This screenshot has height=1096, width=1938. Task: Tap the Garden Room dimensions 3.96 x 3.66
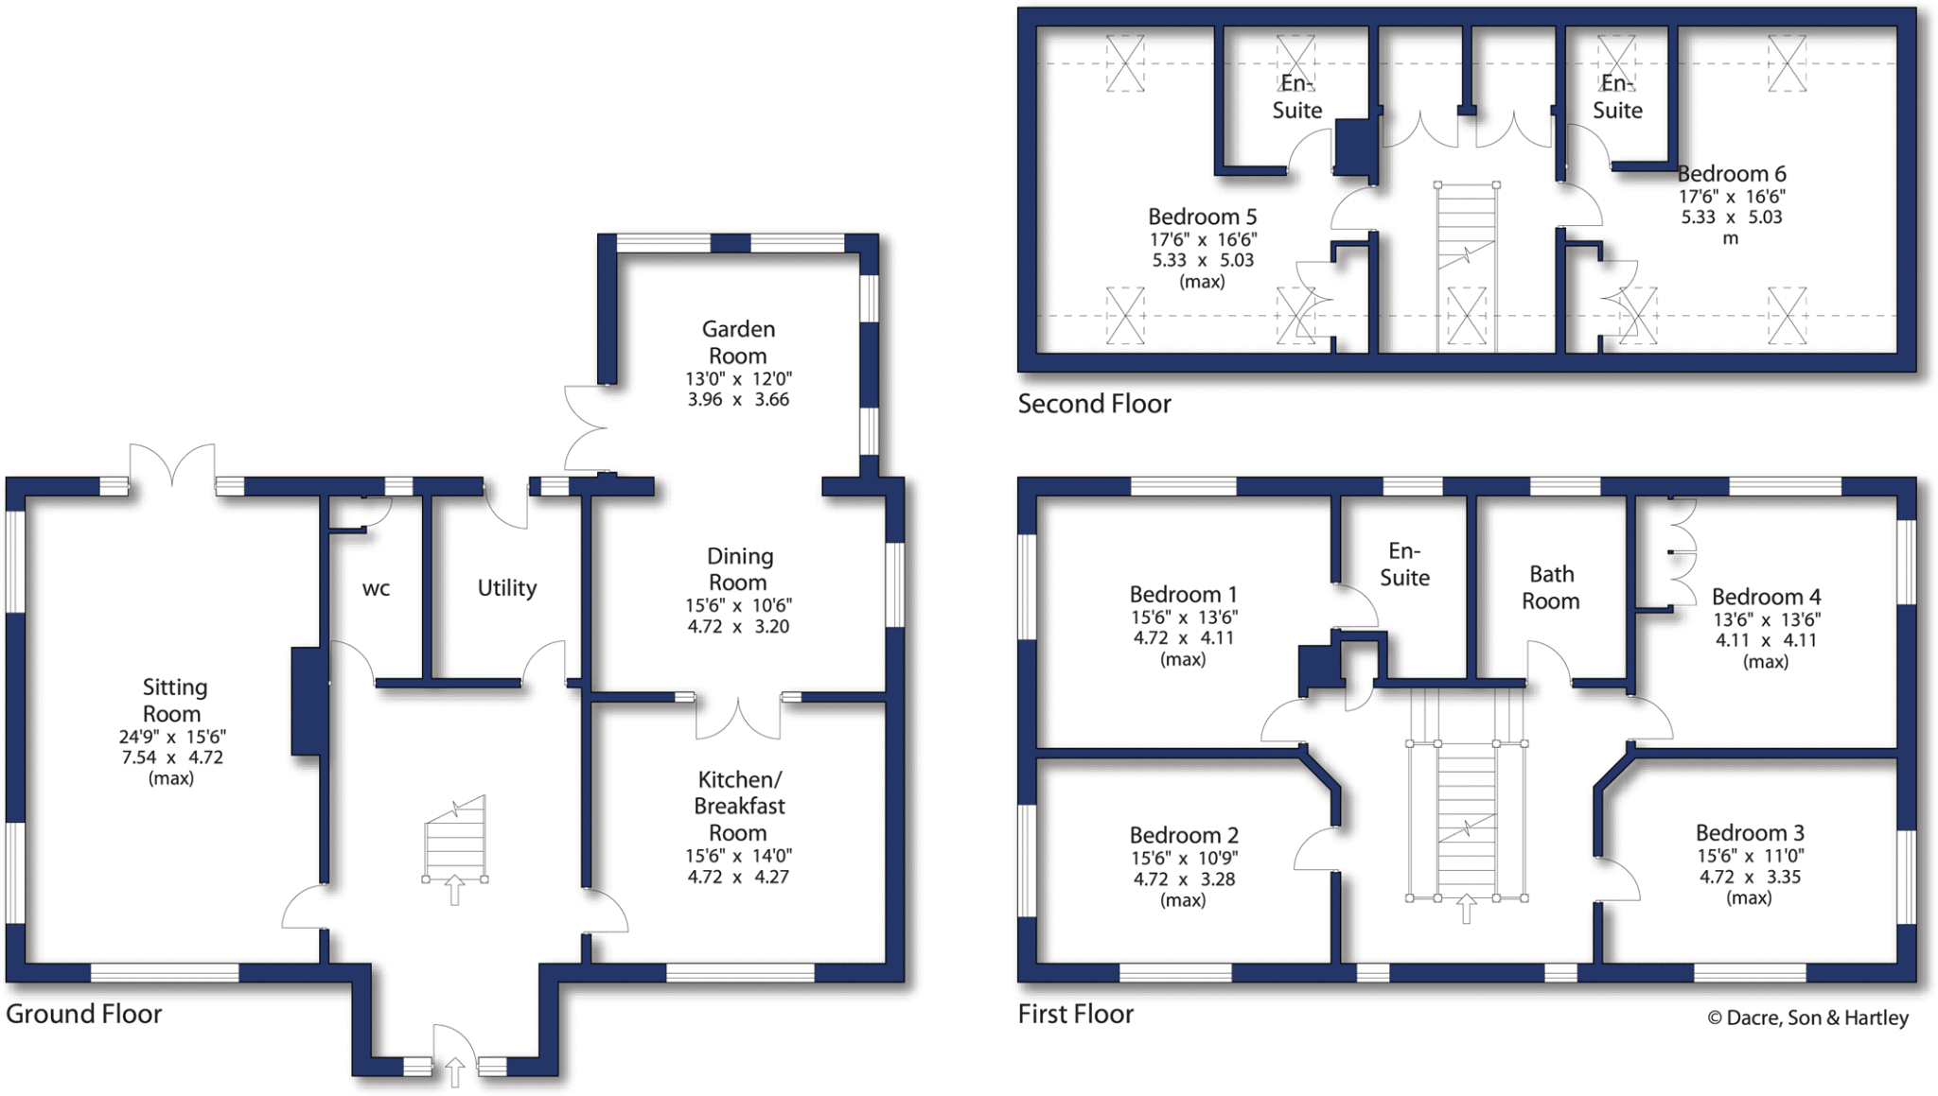[737, 400]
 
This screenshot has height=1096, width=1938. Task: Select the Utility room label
[506, 588]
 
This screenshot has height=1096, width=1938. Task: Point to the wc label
[376, 589]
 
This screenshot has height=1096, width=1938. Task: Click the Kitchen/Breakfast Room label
[738, 806]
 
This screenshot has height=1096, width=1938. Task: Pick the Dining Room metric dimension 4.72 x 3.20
[737, 627]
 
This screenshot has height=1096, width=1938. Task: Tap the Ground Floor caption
[83, 1014]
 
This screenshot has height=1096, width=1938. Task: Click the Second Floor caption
[1094, 404]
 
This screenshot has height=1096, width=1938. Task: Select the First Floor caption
[1075, 1014]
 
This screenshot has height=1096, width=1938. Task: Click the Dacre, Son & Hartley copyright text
[1807, 1018]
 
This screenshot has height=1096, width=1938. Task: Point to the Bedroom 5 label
[1202, 217]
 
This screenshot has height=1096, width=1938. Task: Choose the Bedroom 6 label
[1731, 174]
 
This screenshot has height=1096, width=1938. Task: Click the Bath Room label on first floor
[1550, 587]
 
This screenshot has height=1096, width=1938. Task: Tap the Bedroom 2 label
[1183, 835]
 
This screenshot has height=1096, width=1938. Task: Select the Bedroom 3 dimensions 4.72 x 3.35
[1749, 877]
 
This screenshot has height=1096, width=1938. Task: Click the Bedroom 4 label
[1765, 597]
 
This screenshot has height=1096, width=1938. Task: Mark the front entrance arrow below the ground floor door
[454, 1071]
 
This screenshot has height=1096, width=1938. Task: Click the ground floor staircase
[455, 842]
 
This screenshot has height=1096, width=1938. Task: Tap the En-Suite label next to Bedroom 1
[1404, 565]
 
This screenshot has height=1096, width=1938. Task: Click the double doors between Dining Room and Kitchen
[738, 719]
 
